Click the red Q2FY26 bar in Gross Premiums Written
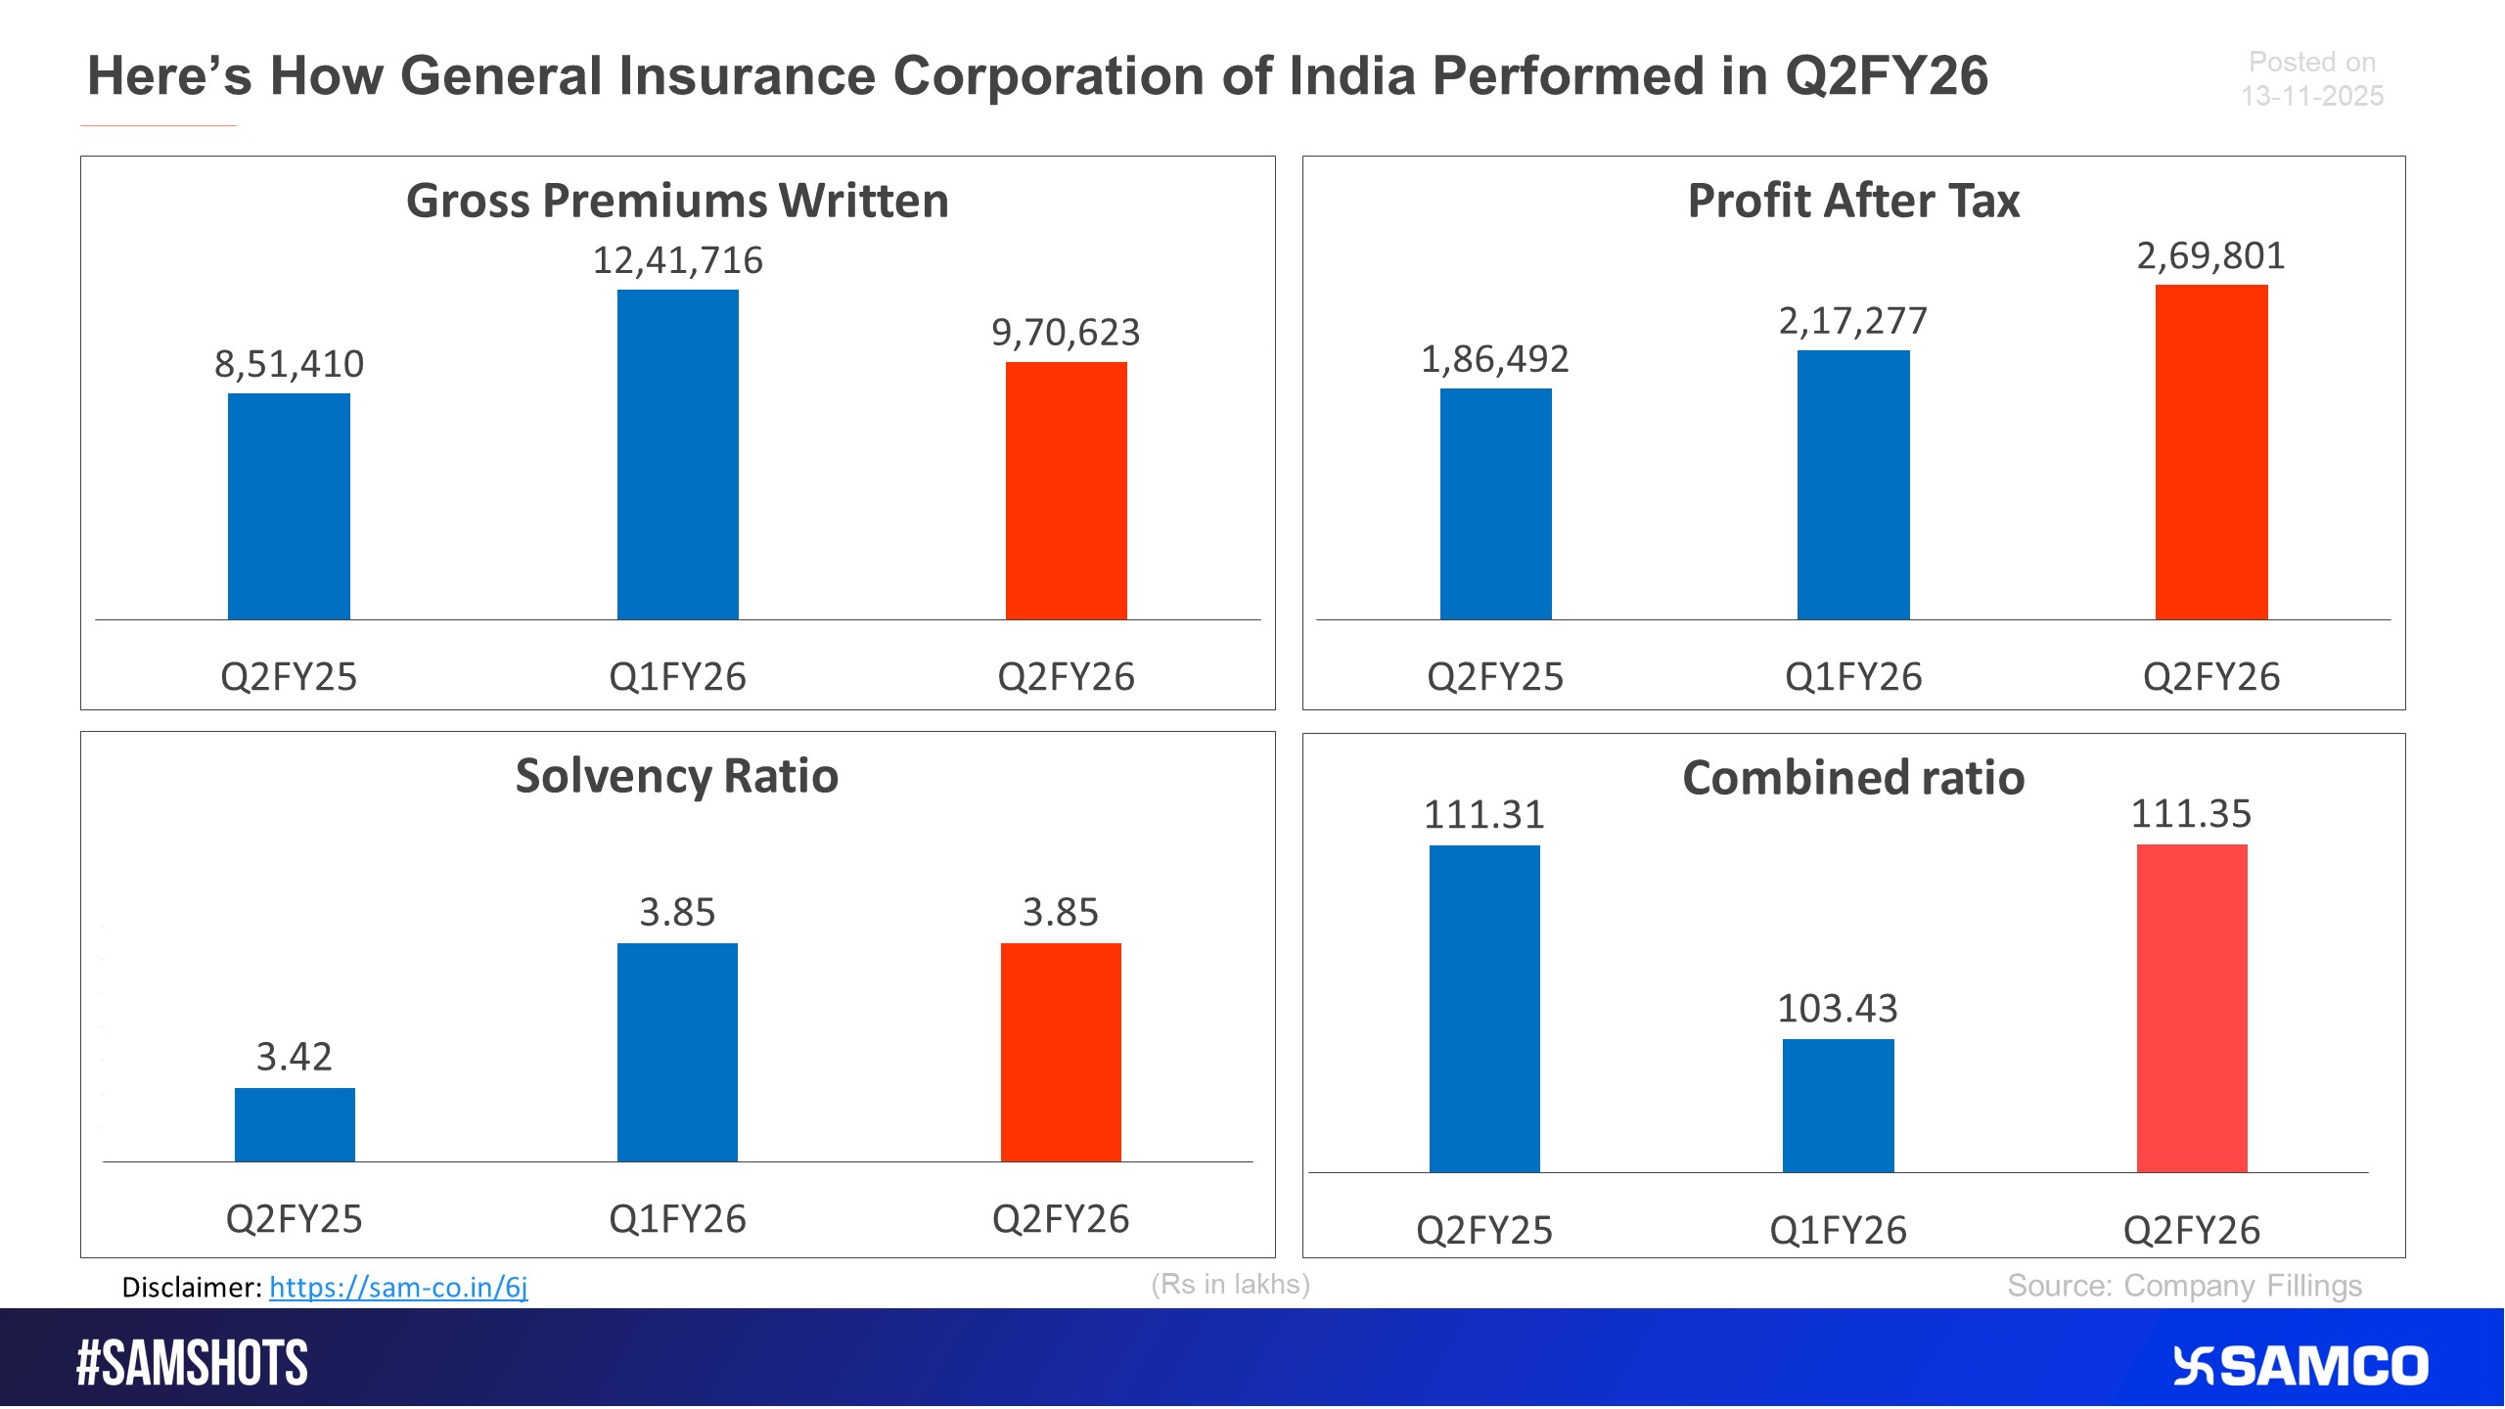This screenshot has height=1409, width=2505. coord(1066,490)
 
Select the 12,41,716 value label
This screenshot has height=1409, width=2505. coord(677,260)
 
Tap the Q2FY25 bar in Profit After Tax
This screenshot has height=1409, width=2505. coord(1495,504)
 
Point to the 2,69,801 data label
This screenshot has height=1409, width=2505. coord(2210,256)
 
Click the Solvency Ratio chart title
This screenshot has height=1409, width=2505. coord(677,776)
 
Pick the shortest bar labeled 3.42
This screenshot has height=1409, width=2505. coord(295,1124)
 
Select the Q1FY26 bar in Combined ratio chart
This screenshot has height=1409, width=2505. coord(1838,1106)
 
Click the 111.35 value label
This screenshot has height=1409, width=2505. coord(2191,814)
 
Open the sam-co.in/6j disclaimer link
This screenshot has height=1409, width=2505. coord(398,1287)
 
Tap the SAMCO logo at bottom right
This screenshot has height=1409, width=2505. coord(2300,1366)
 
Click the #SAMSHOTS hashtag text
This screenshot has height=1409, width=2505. coord(192,1363)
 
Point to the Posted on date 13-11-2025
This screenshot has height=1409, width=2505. coord(2311,96)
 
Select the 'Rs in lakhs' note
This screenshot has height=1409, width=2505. coord(1230,1284)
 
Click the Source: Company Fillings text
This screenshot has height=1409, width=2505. coord(2184,1286)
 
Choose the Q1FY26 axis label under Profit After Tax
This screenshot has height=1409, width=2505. coord(1853,677)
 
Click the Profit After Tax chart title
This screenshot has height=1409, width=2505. coord(1853,201)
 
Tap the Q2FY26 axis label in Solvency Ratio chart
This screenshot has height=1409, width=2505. coord(1061,1219)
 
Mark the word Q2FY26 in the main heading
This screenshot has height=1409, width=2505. coord(1887,76)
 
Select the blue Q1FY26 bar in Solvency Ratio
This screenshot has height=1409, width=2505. coord(677,1052)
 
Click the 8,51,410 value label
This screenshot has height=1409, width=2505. coord(289,364)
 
